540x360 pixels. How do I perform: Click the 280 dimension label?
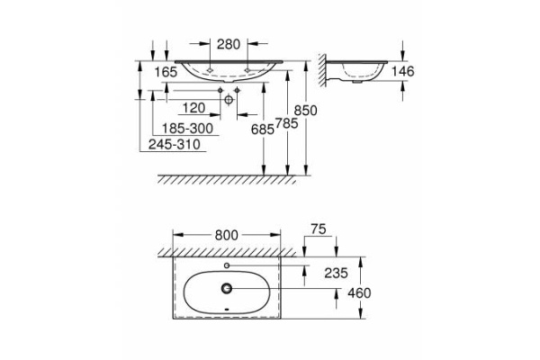pos(227,42)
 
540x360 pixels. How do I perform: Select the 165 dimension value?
pos(165,72)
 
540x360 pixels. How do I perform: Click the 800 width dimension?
pos(227,235)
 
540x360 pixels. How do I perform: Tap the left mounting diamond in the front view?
pos(209,67)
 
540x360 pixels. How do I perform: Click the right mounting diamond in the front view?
pos(247,67)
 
